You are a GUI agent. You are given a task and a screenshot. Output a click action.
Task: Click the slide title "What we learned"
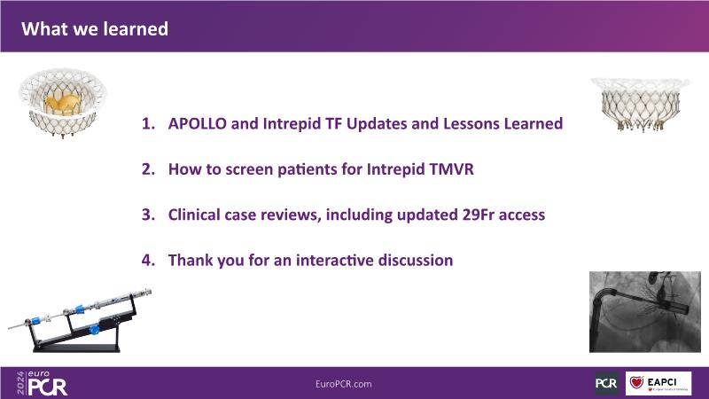[x=95, y=29]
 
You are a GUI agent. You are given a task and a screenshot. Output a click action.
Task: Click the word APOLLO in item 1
[x=197, y=123]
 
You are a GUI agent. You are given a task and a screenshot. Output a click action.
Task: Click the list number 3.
[x=148, y=215]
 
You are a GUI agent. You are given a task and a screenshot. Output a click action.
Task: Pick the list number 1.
[x=148, y=123]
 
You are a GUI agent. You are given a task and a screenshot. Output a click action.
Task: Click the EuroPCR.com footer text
[x=344, y=384]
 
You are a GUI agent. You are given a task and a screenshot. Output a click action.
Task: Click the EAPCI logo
[x=658, y=384]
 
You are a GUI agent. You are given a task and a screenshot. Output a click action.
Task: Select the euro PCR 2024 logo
[x=42, y=383]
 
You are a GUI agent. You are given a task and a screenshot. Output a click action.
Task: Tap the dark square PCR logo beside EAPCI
[x=606, y=384]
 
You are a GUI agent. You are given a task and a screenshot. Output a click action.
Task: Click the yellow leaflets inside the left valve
[x=63, y=104]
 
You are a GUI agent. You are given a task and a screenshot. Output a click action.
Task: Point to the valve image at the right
[x=640, y=105]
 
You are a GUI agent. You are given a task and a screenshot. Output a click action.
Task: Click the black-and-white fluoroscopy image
[x=645, y=312]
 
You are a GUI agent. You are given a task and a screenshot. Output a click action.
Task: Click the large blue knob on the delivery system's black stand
[x=94, y=329]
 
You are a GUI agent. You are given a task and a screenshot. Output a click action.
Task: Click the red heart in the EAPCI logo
[x=636, y=383]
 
